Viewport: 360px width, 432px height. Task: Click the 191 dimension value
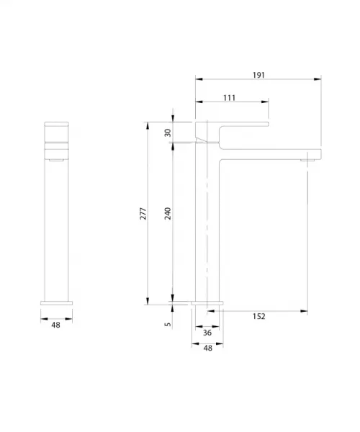(x=258, y=75)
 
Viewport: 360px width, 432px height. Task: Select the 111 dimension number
(x=229, y=98)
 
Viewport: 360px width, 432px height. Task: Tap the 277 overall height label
(x=143, y=214)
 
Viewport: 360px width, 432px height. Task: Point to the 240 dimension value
(x=168, y=214)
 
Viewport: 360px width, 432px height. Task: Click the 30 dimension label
(x=168, y=132)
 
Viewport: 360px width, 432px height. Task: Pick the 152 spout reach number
(x=259, y=316)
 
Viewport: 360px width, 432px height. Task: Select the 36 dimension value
(x=207, y=333)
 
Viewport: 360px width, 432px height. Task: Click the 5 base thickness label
(x=168, y=324)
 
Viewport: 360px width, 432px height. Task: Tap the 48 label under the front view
(x=55, y=325)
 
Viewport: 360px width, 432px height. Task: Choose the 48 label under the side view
(x=208, y=348)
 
